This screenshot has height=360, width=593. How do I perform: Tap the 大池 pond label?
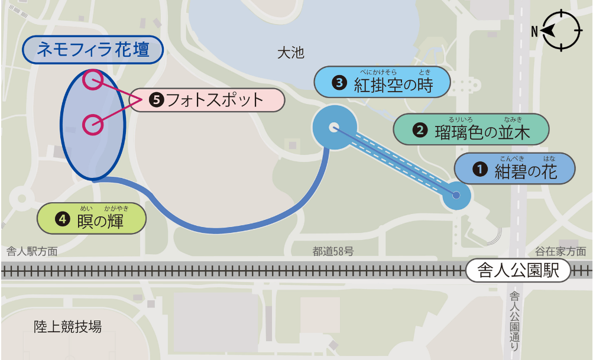pos(290,53)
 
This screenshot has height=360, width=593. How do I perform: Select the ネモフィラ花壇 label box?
pos(93,50)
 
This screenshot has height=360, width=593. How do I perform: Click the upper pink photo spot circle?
pos(93,80)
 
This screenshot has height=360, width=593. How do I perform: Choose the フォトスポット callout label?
pos(207,100)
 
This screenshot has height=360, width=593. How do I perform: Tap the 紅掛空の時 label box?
pos(383,83)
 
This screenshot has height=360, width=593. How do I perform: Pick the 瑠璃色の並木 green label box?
pos(471,129)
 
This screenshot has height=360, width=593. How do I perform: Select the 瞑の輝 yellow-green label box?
pos(92,219)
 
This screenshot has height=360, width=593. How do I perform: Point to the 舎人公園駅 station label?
pos(519,271)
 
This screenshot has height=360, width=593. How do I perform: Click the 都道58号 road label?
pos(333,251)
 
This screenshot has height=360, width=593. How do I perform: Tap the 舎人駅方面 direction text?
pos(32,251)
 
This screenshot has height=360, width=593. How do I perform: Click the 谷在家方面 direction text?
pos(560,251)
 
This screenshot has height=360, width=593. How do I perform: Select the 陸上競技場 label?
pos(67,326)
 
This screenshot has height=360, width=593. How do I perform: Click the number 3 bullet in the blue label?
pos(339,83)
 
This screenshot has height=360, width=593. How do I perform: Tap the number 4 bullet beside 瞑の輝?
pos(61,219)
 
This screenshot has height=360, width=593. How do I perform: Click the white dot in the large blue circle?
pos(333,127)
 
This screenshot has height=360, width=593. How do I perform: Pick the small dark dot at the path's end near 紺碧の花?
pos(456,194)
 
